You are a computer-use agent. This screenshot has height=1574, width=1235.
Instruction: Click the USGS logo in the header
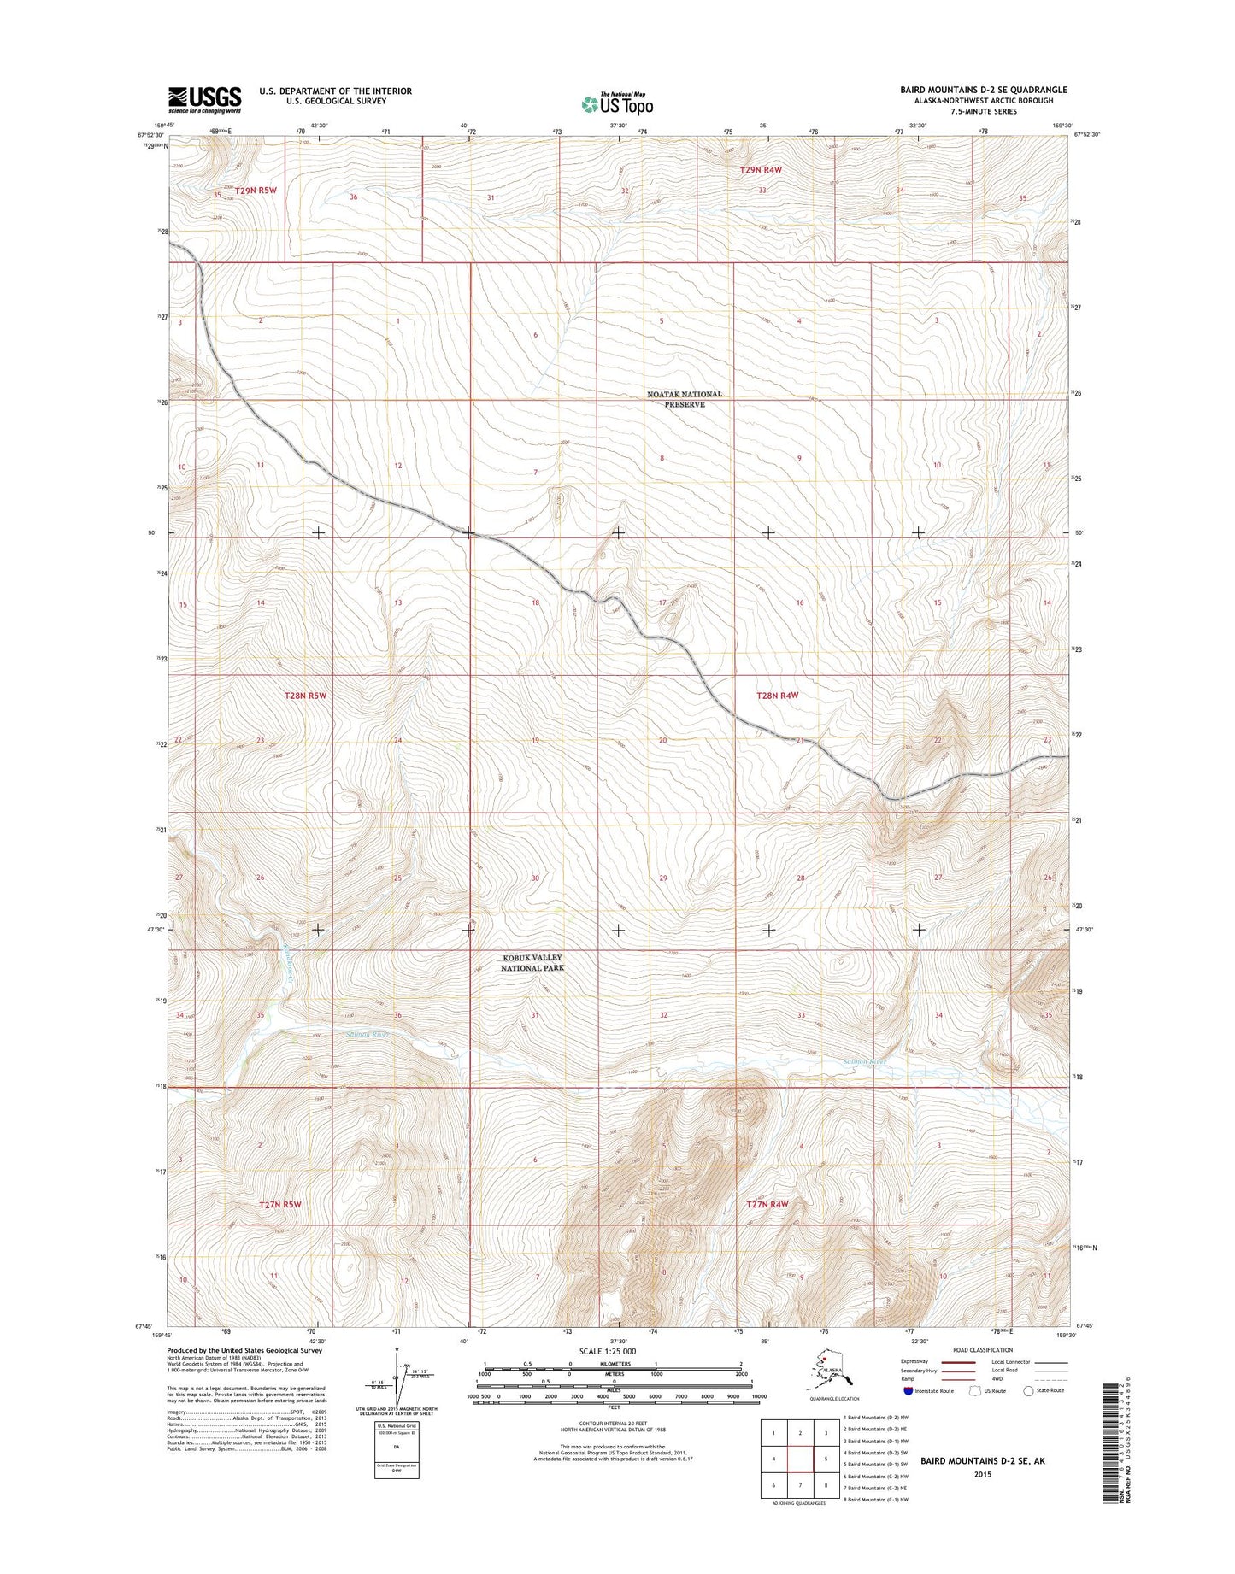coord(204,99)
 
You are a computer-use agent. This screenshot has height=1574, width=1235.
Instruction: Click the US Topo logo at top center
coord(617,103)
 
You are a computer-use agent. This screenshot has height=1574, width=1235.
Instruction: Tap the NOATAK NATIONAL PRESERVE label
coord(685,399)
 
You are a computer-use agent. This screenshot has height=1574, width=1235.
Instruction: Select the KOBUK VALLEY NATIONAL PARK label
coord(532,963)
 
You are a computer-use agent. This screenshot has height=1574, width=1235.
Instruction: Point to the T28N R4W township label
coord(777,696)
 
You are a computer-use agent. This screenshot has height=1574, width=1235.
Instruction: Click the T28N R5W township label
coord(305,696)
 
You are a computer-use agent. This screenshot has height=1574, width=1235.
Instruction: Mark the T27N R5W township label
coord(280,1204)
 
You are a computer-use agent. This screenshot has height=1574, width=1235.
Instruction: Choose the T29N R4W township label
coord(761,170)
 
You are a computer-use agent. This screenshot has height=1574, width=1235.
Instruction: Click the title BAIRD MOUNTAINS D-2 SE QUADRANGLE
coord(983,90)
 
